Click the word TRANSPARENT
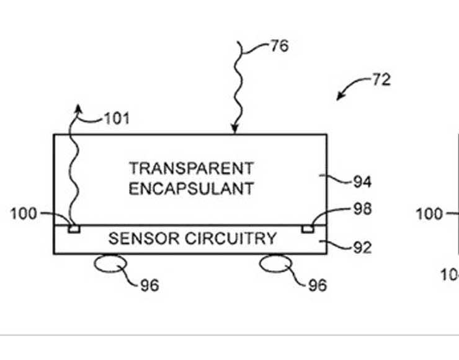point(192,168)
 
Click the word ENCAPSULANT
point(192,188)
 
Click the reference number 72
point(381,79)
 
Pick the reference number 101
point(116,119)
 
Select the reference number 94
point(362,182)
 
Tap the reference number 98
point(362,209)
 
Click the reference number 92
point(362,247)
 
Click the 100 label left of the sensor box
point(24,214)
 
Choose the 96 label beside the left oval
point(149,285)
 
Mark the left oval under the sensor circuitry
point(110,264)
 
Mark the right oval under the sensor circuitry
point(275,264)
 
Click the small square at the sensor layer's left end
point(74,229)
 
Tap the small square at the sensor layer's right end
point(307,229)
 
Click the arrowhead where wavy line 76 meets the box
point(234,130)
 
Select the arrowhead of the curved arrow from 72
point(339,97)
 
